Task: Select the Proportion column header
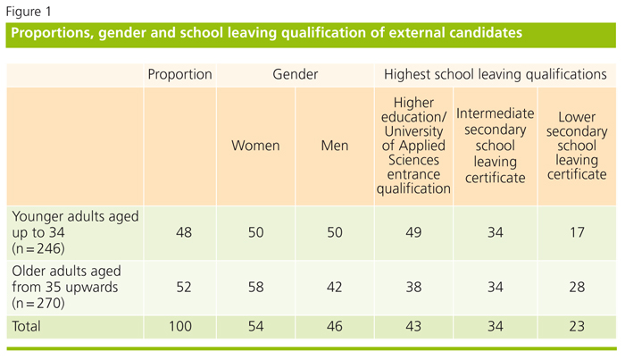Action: click(x=179, y=75)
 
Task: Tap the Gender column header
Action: click(x=295, y=75)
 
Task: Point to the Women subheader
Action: click(x=255, y=145)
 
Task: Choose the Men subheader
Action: click(x=334, y=145)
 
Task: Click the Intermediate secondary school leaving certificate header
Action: click(x=495, y=146)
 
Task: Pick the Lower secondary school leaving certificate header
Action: click(x=577, y=146)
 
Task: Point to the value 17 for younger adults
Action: click(x=577, y=232)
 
